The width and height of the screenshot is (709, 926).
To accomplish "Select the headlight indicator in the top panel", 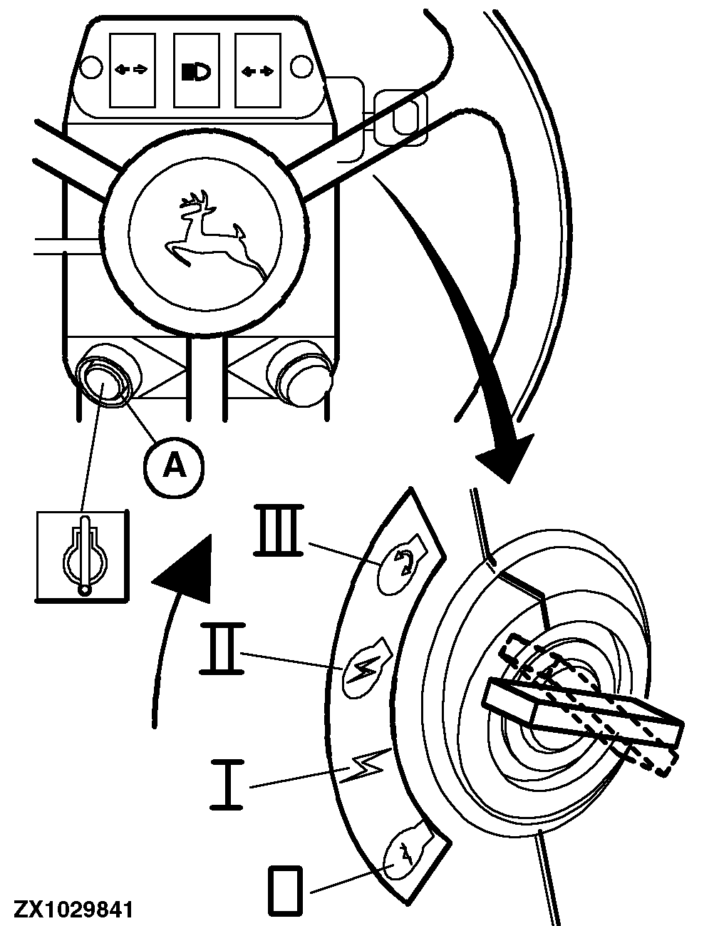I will [x=195, y=70].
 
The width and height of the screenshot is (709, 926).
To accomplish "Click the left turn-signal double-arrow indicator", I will [x=132, y=70].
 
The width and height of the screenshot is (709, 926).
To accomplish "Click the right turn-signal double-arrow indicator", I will [x=257, y=70].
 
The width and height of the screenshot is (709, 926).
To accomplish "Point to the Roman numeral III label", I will [x=279, y=530].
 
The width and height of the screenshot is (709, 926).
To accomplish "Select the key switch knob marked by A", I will [x=103, y=381].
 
